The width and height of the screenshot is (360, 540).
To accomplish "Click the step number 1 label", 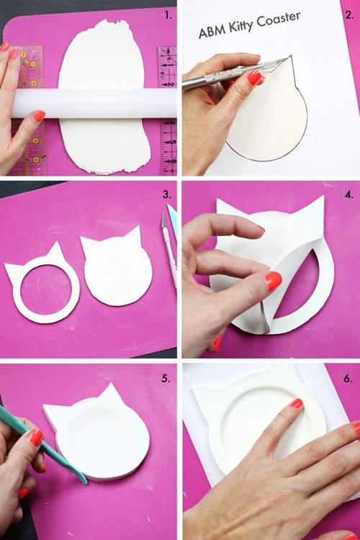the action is point(168,15).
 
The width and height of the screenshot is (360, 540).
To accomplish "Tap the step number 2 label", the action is point(349,15).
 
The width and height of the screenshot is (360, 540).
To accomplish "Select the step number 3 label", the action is point(167,194).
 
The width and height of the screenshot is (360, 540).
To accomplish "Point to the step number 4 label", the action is point(349,194).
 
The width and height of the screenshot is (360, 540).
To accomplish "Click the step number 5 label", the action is point(166,379).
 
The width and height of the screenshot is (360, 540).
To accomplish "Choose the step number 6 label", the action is point(348,379).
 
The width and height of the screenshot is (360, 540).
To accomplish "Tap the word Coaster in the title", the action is point(279,19).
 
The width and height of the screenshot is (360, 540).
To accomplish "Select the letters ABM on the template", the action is point(212,32).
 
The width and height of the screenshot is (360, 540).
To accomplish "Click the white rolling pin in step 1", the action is point(94,103).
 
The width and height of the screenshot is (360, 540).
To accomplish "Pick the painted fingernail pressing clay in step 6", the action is point(297,404).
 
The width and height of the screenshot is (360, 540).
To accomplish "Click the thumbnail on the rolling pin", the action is point(39,116).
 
